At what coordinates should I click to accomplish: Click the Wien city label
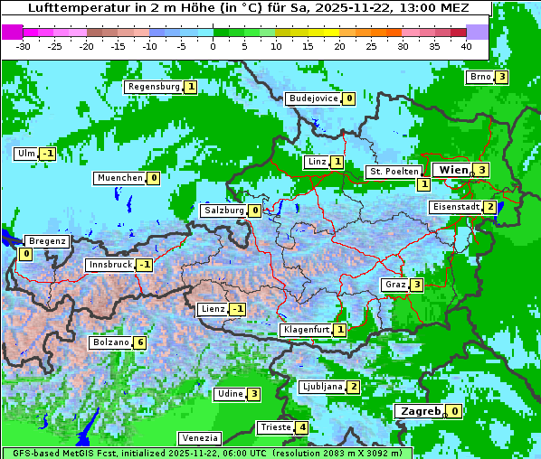(453, 170)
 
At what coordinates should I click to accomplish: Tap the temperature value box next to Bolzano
(139, 343)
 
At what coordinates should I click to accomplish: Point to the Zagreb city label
(420, 411)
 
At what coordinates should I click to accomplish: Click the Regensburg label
(154, 87)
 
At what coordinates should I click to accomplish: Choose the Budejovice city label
(313, 98)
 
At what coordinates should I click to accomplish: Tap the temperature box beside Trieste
(302, 427)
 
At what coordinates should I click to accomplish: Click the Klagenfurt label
(305, 330)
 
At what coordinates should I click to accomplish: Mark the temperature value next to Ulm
(47, 154)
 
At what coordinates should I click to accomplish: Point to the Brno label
(479, 77)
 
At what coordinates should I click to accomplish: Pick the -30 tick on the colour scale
(24, 45)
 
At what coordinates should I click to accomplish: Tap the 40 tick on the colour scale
(466, 45)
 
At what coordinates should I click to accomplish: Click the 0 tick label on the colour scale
(213, 45)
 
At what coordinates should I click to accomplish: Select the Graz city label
(395, 285)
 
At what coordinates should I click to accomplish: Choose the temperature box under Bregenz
(25, 255)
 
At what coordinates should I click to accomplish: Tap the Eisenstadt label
(456, 207)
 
